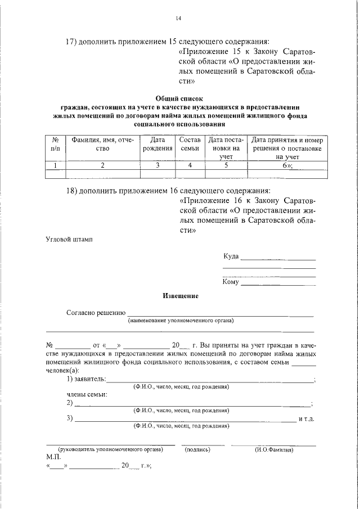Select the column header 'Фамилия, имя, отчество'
point(102,145)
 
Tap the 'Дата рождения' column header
point(157,145)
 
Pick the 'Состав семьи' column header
point(190,145)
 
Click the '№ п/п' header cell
point(56,145)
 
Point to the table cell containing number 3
point(157,165)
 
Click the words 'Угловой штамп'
point(69,239)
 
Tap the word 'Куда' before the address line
point(231,256)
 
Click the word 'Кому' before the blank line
point(231,282)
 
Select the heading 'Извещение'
point(180,295)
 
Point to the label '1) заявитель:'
point(86,380)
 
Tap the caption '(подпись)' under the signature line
point(197,450)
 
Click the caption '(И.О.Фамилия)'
point(274,450)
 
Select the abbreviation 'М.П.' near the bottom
point(53,458)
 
